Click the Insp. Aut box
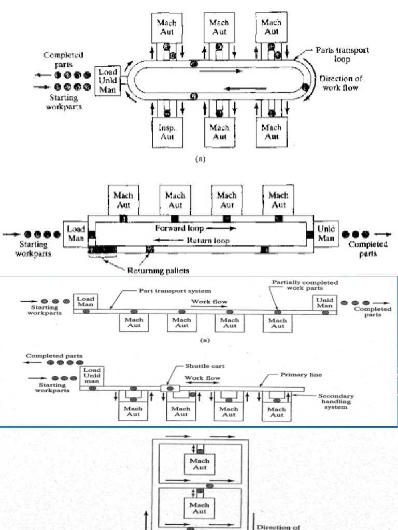point(167,132)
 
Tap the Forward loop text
point(176,228)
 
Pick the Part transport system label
point(175,291)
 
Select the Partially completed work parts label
point(305,285)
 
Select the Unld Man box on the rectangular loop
point(325,233)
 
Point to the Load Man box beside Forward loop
point(76,233)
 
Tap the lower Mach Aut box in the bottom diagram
point(200,508)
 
